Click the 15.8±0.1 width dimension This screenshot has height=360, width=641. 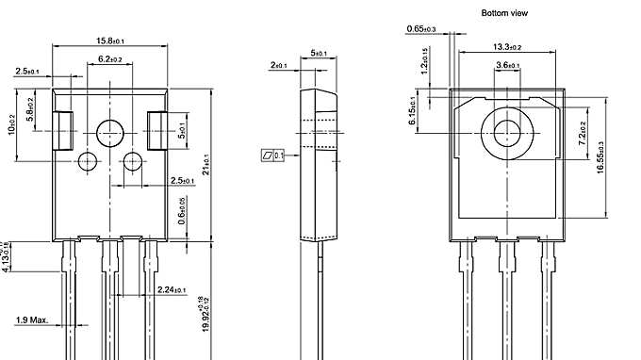click(111, 41)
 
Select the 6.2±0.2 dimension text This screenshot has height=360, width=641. click(110, 59)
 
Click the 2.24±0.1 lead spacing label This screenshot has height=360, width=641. click(172, 289)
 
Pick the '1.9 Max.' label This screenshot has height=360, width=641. click(32, 321)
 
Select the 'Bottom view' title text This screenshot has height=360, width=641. click(504, 13)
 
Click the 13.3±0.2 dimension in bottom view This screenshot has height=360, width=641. click(507, 46)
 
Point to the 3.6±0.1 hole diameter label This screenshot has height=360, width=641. click(508, 65)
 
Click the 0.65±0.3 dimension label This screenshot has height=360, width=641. click(422, 29)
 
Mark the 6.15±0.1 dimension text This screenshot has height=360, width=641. click(413, 111)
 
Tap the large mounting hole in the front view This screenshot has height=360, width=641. click(110, 131)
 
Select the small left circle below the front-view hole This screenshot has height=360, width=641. click(87, 160)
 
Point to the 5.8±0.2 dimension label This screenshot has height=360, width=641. click(30, 111)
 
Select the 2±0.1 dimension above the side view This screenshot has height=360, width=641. click(279, 65)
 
